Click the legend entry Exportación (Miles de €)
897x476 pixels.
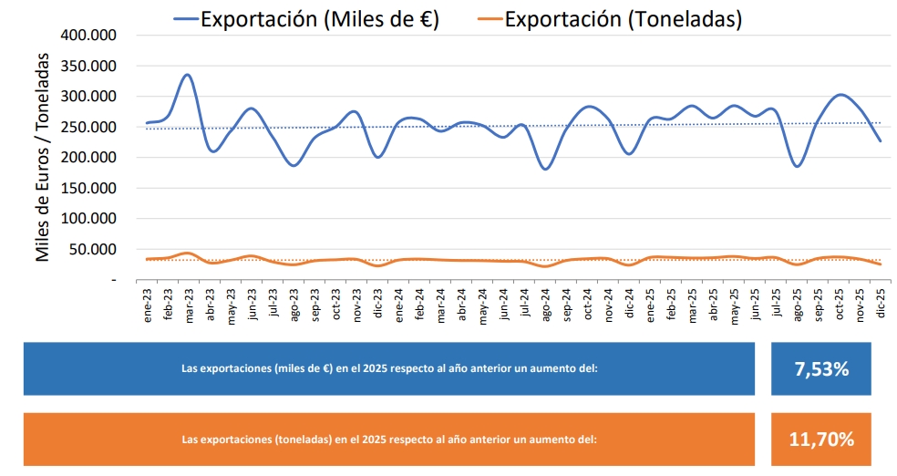[x=319, y=19]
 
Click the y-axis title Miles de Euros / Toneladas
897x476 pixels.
[x=43, y=157]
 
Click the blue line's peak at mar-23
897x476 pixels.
[x=187, y=75]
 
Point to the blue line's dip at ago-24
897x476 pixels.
[x=545, y=169]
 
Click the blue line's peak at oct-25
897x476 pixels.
[x=840, y=94]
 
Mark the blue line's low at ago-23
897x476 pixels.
[x=293, y=166]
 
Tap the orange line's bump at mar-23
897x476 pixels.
[x=187, y=253]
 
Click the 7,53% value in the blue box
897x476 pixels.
[x=820, y=369]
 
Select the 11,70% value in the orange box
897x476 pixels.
[x=820, y=440]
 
